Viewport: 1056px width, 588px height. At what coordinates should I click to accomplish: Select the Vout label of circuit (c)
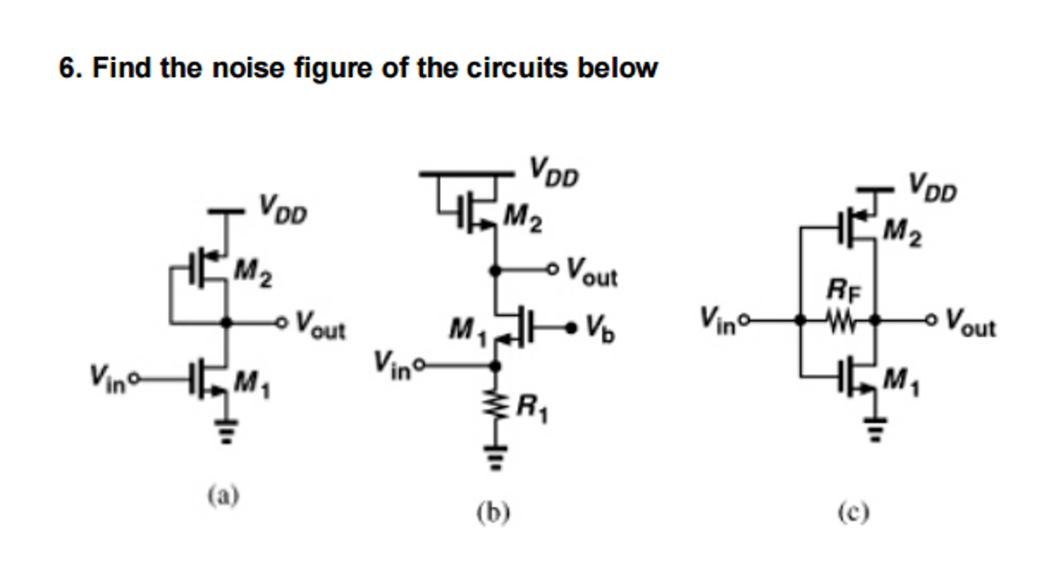970,324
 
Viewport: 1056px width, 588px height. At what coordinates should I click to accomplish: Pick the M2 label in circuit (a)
253,273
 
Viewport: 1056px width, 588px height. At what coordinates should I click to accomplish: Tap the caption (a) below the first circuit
223,496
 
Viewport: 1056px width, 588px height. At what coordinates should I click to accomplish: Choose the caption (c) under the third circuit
853,513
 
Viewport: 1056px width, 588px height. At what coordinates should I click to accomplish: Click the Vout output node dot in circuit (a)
226,323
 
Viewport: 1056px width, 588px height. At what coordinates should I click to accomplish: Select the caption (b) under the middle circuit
493,513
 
